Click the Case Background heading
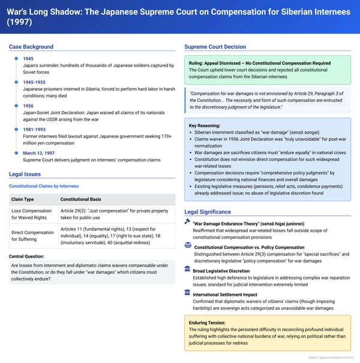coord(31,47)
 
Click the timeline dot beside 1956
coord(14,106)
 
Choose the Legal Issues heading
coord(25,174)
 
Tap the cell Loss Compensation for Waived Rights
coord(33,215)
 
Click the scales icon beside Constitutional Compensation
coord(188,246)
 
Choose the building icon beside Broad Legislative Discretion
coord(188,271)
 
